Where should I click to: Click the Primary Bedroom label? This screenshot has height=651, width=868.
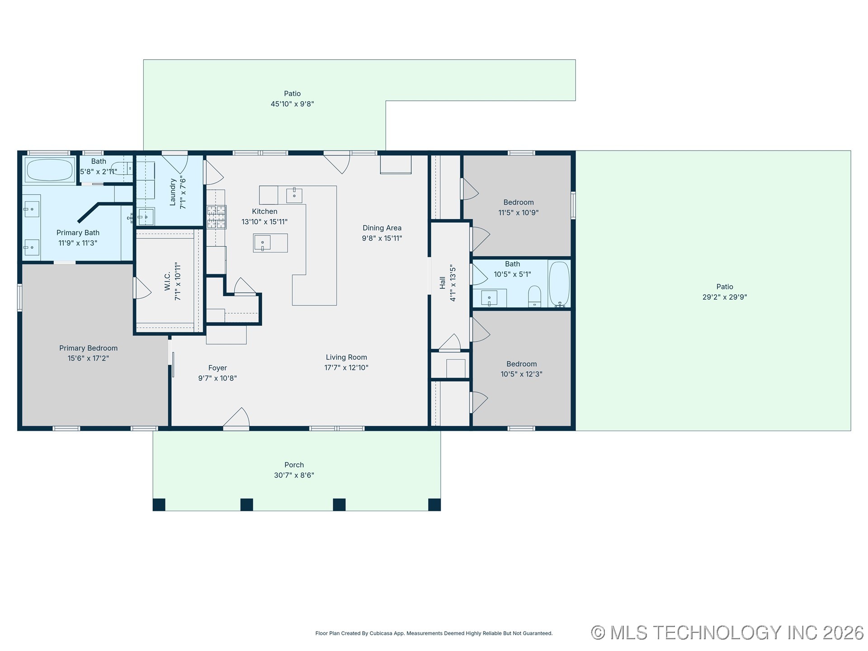pos(88,348)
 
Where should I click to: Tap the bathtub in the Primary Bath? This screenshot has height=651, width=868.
pos(50,170)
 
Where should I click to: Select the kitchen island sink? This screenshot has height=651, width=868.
pos(263,243)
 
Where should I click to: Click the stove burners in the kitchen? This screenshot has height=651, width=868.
pos(217,217)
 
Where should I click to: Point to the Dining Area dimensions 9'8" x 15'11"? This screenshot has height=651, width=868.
pos(382,238)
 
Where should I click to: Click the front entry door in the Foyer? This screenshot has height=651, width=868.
pos(236,419)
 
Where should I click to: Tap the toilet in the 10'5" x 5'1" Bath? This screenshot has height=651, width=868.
pos(534,296)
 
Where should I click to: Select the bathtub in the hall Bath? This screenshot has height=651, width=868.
pos(559,284)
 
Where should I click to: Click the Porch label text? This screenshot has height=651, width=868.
pos(294,465)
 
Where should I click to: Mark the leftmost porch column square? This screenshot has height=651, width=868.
pos(159,505)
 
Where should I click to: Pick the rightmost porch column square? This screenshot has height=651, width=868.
pos(434,505)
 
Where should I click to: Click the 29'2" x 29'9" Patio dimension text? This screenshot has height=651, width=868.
pos(724,297)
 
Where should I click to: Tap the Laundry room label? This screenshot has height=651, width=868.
pos(173,192)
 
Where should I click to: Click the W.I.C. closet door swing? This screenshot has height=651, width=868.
pos(142,288)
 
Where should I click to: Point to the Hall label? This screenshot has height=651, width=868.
pos(443,283)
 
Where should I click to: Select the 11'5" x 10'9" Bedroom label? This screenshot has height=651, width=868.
pos(518,203)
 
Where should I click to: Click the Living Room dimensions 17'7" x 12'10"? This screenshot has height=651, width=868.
pos(346,368)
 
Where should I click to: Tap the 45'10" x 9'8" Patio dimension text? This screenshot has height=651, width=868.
pos(292,104)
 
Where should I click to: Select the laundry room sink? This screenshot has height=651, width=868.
pos(146,217)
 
